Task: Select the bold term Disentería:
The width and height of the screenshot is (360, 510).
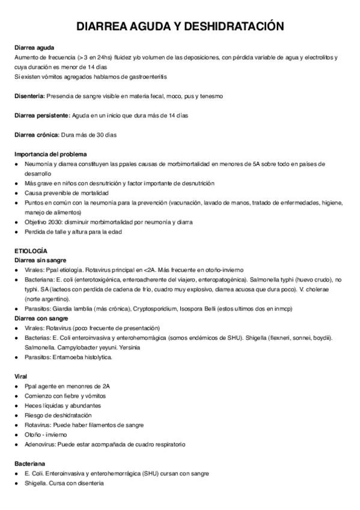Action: (x=29, y=96)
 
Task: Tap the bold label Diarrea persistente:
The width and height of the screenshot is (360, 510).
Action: (x=42, y=115)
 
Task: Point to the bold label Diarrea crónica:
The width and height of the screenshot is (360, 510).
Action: (x=37, y=135)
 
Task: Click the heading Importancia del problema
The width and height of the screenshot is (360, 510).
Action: (x=50, y=154)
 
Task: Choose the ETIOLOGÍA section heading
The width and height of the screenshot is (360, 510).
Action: (x=31, y=250)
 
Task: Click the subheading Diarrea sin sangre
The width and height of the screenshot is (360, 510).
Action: (x=40, y=260)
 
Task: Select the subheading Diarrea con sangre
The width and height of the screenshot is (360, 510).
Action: (x=41, y=318)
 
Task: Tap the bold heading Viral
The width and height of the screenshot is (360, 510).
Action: (x=21, y=376)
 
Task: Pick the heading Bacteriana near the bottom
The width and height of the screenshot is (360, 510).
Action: (x=29, y=464)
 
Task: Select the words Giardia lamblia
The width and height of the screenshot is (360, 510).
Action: (x=69, y=309)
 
